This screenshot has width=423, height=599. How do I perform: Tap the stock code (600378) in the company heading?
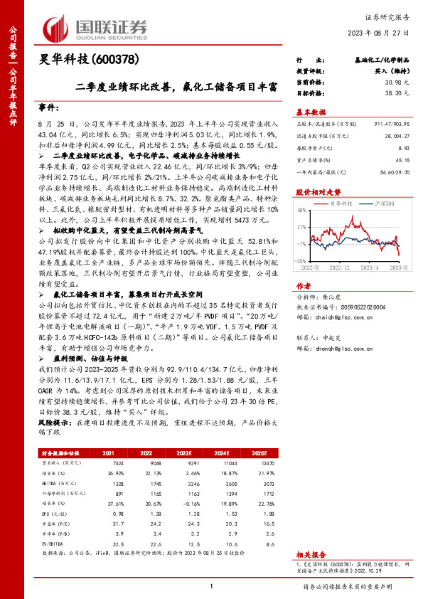(x=113, y=59)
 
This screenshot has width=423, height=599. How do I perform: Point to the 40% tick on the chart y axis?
(x=301, y=211)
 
